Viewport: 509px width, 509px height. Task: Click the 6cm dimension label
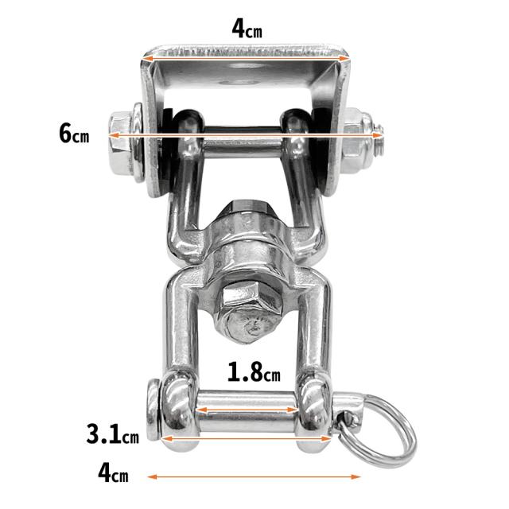pos(74,134)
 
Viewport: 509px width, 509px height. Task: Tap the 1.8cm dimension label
pos(254,372)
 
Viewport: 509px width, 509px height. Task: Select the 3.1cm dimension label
pos(113,434)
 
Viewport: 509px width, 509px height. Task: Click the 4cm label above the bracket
pos(247,29)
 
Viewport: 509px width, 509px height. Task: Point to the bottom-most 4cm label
pos(113,473)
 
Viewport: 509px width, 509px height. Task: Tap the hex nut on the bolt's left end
pos(120,146)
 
